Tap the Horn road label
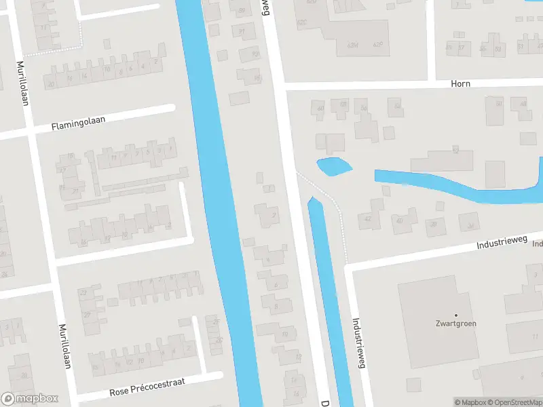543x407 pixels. (x=460, y=83)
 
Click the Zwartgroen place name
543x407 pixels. (x=455, y=324)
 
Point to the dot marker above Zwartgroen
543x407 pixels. (x=455, y=315)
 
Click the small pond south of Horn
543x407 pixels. (x=334, y=166)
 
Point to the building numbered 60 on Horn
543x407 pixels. (x=320, y=109)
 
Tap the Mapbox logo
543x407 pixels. (x=31, y=399)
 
